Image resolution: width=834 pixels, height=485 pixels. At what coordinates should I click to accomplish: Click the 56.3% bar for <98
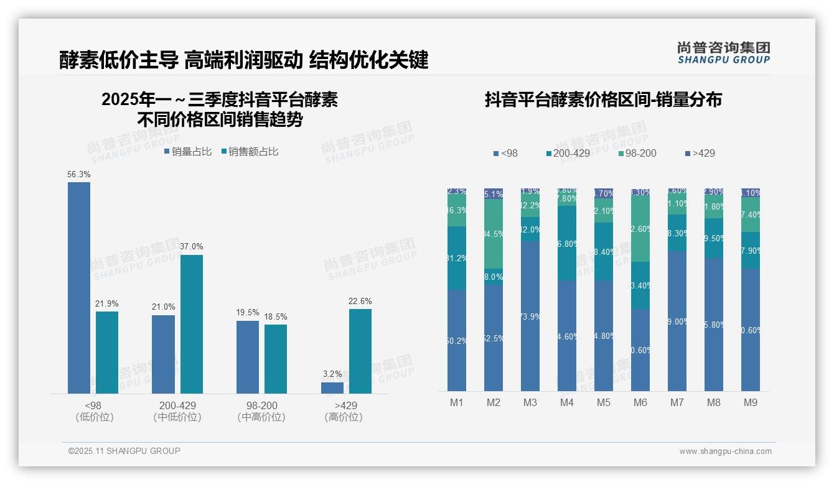79,287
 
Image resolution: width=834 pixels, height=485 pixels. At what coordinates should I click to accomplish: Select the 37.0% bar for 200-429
192,324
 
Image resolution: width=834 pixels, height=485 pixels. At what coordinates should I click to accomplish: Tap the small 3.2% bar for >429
332,387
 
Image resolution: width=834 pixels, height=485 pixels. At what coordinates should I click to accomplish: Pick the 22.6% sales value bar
360,351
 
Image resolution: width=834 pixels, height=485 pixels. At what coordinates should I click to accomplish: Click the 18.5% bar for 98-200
276,359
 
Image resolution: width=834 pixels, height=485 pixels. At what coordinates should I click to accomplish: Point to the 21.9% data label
107,303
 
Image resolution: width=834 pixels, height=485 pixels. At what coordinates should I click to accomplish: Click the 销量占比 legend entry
188,151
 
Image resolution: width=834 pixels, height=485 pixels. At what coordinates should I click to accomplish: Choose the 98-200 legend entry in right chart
637,153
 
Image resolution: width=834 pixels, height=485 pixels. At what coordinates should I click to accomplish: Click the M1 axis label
457,402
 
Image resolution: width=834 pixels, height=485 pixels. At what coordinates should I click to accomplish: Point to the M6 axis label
640,402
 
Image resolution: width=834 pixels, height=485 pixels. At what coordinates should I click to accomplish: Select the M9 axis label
751,402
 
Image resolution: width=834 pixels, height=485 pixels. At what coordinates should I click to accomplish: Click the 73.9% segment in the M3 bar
530,316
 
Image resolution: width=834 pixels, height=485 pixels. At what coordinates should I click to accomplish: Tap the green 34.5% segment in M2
494,234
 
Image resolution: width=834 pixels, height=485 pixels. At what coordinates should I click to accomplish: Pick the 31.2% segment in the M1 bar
457,258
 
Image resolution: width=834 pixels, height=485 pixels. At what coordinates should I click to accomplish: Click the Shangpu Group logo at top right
723,52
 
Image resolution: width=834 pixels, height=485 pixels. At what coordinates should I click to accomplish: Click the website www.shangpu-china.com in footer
725,451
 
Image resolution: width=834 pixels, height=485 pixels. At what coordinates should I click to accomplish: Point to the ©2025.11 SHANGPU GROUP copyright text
124,451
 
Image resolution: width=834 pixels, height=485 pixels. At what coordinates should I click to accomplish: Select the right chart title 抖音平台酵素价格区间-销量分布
603,100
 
